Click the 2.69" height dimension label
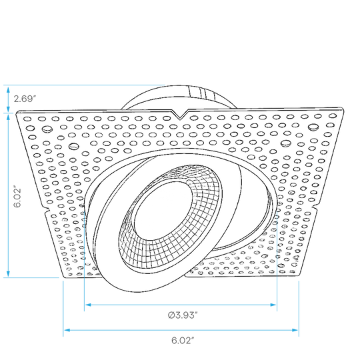25,99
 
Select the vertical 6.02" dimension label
17,196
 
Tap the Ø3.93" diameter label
183,315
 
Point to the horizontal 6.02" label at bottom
183,340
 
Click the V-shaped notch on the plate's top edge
180,115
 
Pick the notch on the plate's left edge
47,210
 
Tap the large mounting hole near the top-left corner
47,129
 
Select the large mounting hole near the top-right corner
313,127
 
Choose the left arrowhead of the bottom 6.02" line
67,330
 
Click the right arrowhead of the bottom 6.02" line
295,330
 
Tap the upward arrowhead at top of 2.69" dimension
8,90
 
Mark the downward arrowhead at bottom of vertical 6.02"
8,273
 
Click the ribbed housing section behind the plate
201,92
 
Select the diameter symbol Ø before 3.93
171,315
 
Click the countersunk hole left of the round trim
74,146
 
